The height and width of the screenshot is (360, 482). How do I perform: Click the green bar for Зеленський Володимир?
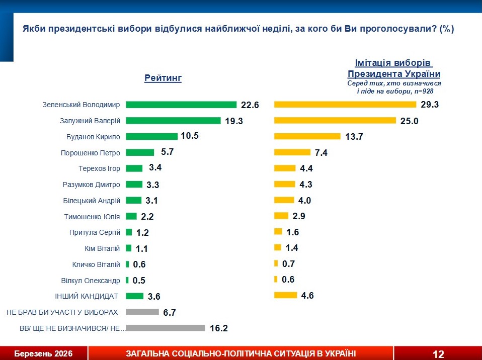(181, 105)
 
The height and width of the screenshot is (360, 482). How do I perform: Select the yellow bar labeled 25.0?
(335, 121)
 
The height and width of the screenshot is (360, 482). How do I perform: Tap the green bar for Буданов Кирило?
(151, 136)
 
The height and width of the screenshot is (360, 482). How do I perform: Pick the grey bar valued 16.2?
(166, 328)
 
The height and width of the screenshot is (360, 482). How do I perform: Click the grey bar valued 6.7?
(142, 312)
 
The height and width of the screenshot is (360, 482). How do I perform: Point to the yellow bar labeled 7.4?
(292, 152)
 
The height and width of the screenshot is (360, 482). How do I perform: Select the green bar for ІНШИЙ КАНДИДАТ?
(135, 296)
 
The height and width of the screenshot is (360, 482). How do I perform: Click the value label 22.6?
(250, 105)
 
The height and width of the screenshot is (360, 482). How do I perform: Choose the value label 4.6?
(307, 296)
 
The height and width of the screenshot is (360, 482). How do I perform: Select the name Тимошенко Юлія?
(92, 217)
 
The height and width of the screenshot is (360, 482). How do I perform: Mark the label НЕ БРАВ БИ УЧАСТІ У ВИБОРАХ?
(62, 312)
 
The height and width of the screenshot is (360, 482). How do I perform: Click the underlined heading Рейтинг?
(163, 78)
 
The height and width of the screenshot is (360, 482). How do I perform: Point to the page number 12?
(438, 354)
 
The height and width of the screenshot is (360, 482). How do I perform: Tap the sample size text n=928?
(422, 92)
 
